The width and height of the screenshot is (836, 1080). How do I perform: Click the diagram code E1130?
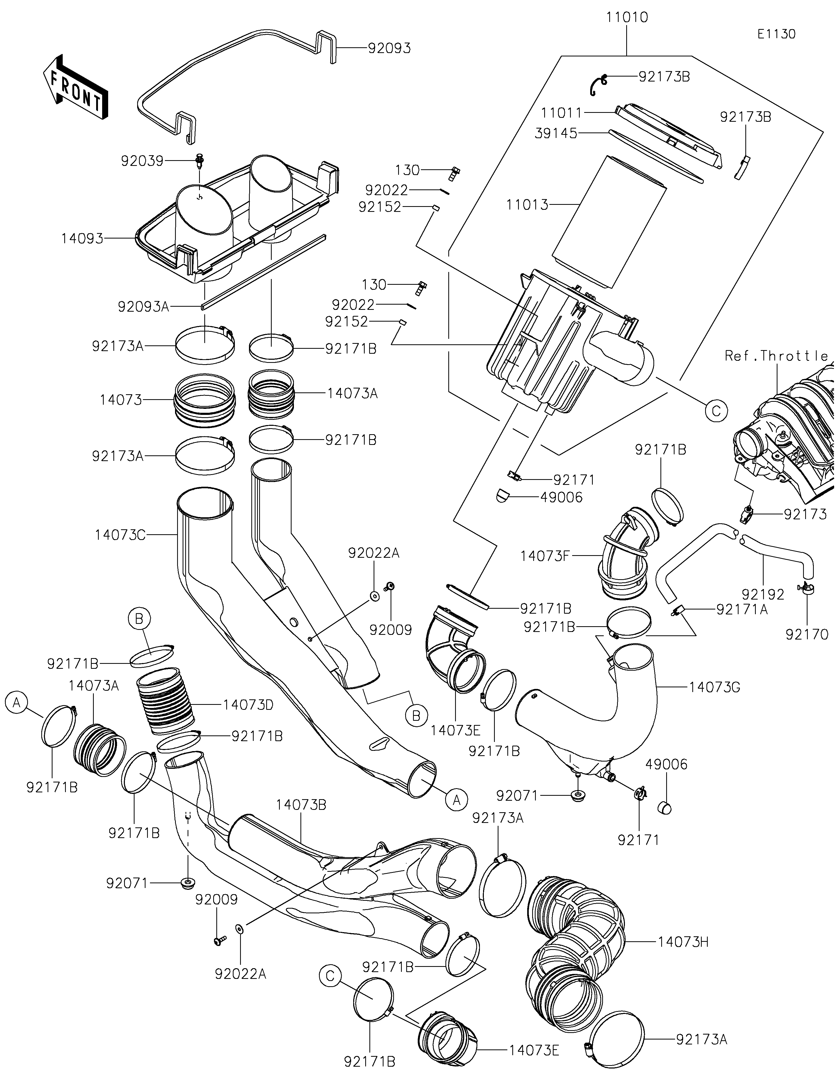[x=776, y=34]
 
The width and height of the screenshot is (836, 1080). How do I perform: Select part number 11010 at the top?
[x=627, y=17]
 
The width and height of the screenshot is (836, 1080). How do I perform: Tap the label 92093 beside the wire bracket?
[x=389, y=49]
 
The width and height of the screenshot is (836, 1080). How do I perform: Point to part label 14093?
[x=82, y=239]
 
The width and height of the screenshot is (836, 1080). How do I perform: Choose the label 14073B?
[x=301, y=805]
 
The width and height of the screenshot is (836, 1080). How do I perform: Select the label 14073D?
[x=248, y=705]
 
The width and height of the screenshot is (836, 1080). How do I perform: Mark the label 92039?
[x=142, y=161]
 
